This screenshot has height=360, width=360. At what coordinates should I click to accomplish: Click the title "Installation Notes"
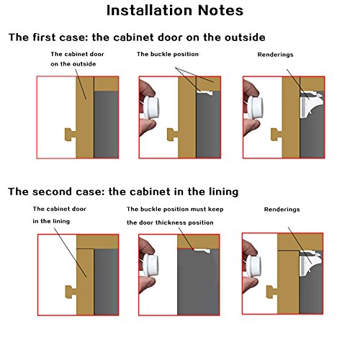tap(175, 11)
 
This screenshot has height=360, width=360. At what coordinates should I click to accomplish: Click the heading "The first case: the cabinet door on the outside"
tap(137, 37)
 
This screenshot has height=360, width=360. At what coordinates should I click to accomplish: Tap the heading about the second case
tap(123, 192)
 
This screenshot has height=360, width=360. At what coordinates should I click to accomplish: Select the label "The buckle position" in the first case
tap(168, 54)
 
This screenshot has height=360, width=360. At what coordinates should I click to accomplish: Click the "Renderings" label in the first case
tap(275, 55)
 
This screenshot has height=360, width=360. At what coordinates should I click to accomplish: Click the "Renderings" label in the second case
tap(282, 210)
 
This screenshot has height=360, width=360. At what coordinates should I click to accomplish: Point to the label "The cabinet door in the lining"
tap(59, 215)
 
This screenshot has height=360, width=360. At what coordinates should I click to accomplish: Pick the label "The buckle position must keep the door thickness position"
tap(175, 216)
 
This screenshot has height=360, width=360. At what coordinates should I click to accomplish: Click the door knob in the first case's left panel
tap(71, 135)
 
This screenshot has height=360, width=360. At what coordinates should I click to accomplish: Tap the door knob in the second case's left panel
tap(71, 292)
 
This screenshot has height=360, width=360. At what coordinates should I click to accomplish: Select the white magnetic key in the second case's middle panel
tap(150, 265)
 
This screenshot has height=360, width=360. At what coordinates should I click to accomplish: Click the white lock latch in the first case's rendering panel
tap(310, 104)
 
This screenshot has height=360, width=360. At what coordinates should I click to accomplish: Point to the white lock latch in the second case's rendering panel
tap(310, 263)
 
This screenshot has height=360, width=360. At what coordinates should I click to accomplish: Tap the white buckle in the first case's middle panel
tap(204, 93)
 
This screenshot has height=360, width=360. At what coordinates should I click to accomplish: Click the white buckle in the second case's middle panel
tap(202, 251)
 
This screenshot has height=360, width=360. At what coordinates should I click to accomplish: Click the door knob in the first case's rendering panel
tap(276, 135)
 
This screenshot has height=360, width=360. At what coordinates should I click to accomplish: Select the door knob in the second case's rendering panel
tap(272, 292)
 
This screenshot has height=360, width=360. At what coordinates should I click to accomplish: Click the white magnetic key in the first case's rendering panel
tap(255, 108)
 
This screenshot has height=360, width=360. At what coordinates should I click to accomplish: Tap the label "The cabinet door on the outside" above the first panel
tap(77, 59)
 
